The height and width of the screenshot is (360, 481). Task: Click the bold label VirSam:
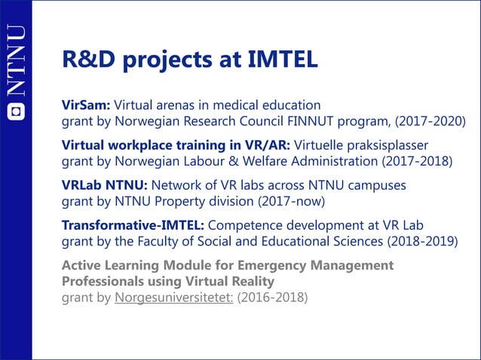coord(86,104)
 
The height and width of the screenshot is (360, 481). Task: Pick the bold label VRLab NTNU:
coord(105,185)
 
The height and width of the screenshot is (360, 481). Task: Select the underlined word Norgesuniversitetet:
coord(173,297)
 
